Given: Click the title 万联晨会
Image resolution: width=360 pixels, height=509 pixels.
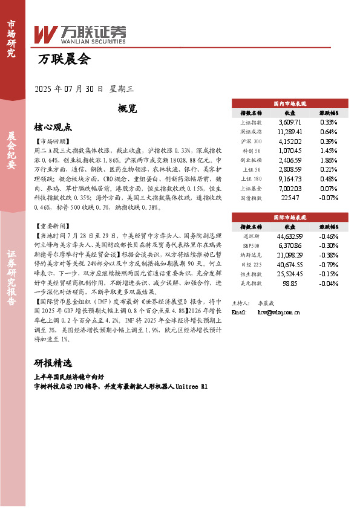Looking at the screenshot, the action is tap(63, 59).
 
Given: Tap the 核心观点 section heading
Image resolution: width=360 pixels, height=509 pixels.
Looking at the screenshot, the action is tap(53, 128).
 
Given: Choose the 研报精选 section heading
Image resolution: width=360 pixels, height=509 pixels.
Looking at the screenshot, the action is tap(53, 363).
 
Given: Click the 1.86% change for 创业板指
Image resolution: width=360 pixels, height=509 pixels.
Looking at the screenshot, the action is tap(328, 160).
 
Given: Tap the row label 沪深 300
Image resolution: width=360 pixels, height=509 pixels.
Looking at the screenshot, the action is tap(250, 141).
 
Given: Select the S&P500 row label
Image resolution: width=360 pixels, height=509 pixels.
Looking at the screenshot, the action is tap(250, 245).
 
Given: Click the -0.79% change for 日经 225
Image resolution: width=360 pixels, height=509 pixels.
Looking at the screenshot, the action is tap(328, 265).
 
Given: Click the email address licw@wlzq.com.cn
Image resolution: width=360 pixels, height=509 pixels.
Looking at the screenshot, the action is tap(279, 313).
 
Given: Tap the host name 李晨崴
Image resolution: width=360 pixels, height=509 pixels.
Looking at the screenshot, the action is tap(267, 302).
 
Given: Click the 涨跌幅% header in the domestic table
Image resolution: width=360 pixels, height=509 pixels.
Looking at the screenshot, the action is tap(329, 112).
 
